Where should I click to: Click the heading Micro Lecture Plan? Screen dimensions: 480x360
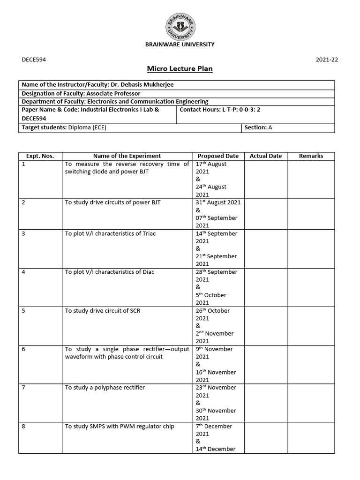point(180,69)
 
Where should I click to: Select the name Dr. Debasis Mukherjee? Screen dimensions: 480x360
point(139,84)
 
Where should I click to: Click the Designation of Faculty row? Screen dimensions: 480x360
point(81,93)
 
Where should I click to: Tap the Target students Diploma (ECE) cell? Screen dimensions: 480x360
point(64,127)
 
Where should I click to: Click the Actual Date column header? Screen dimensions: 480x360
point(265,156)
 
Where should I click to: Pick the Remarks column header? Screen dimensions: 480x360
point(311,156)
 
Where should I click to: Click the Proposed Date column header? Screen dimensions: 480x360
point(218,156)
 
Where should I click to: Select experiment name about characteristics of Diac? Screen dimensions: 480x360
point(109,272)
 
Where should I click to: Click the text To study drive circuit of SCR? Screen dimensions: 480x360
point(101,310)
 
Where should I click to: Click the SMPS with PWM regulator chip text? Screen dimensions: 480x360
point(120,426)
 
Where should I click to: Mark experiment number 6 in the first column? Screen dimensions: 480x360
point(23,349)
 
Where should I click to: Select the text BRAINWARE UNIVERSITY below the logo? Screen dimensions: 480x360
point(180,45)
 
